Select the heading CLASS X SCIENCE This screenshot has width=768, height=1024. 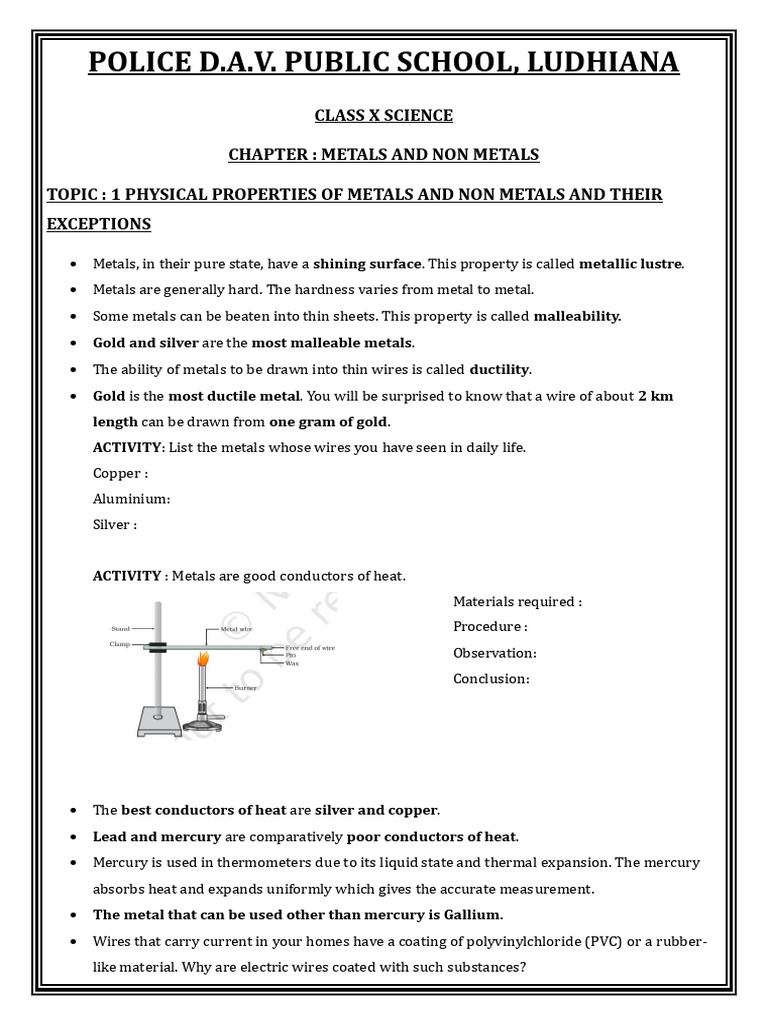coord(384,116)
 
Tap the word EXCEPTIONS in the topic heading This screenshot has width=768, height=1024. coord(99,224)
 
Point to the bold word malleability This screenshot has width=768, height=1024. coord(578,316)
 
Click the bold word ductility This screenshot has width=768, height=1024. coord(500,368)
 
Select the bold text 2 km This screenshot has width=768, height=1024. coord(655,395)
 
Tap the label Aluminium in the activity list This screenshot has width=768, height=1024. coord(131,499)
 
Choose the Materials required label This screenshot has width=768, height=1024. coord(517,602)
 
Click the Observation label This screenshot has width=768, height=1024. coord(494,653)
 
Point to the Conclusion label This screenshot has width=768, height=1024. coord(491,679)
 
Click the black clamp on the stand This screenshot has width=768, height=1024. coord(155,646)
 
